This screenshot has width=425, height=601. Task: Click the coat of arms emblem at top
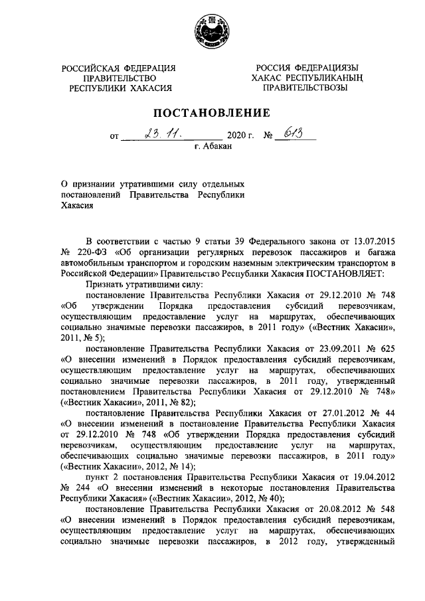[x=212, y=32]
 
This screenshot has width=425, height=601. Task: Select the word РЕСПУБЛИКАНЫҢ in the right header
[x=328, y=78]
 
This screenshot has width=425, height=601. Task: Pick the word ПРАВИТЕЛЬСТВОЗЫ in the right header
[x=305, y=88]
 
